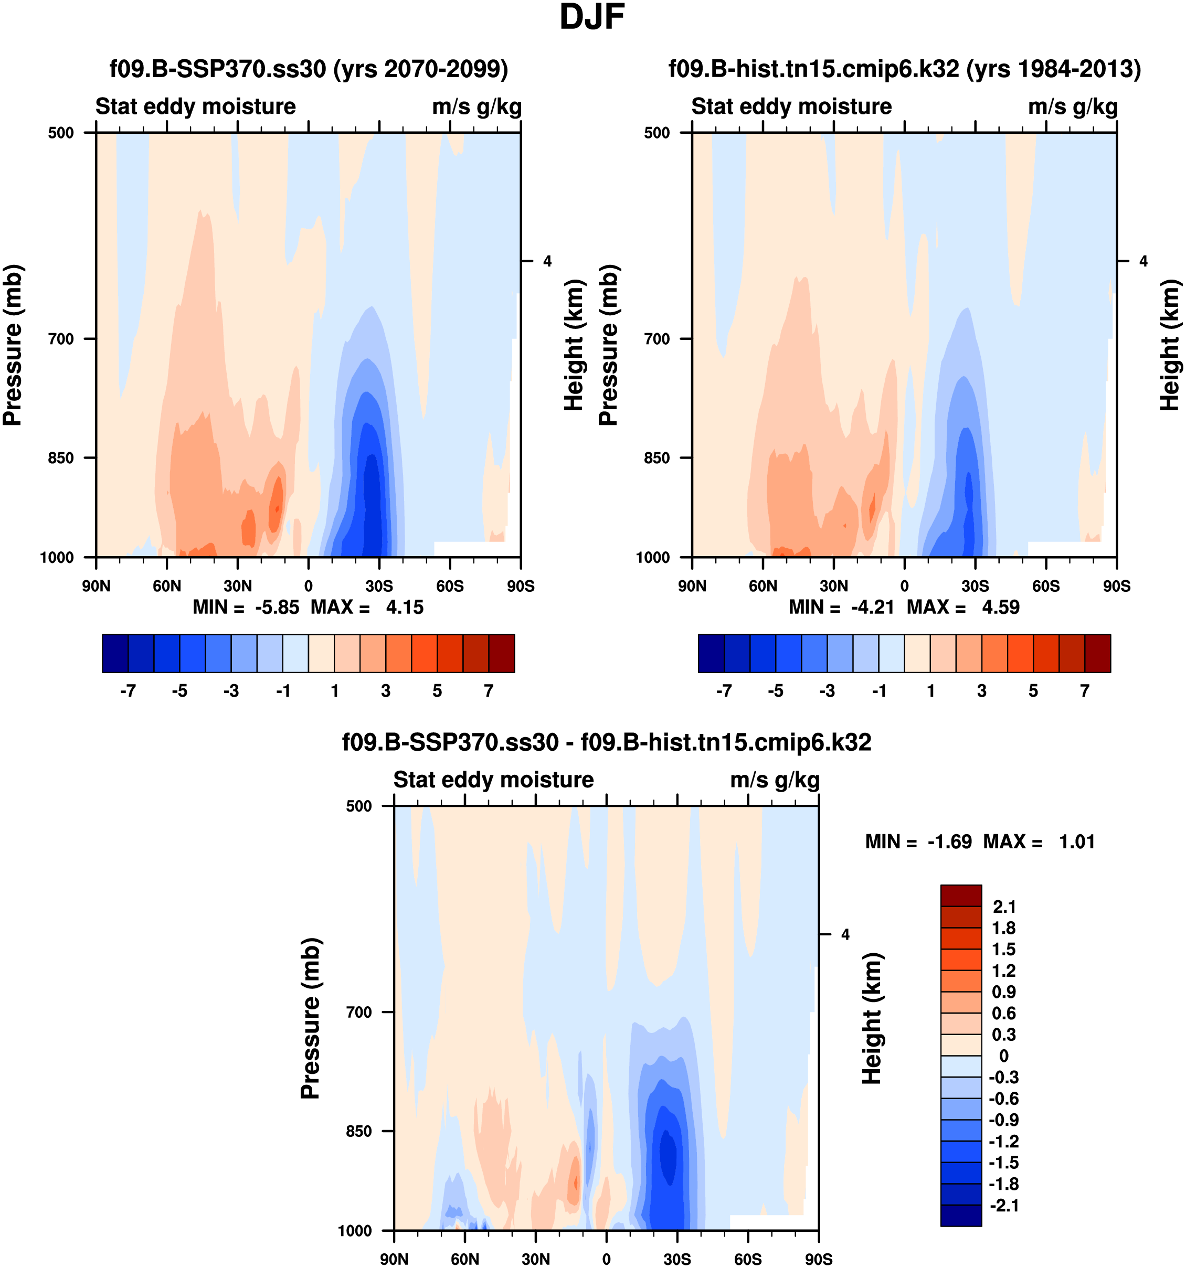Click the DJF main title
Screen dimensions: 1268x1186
(x=591, y=17)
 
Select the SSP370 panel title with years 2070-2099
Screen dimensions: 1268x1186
(x=309, y=69)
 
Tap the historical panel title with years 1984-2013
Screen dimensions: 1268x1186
(x=904, y=69)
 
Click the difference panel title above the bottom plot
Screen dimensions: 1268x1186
(x=606, y=742)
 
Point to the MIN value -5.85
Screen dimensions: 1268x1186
(x=277, y=607)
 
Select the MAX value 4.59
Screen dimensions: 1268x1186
(x=1000, y=607)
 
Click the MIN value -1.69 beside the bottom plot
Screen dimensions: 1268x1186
(x=949, y=842)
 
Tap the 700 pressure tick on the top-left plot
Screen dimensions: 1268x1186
(x=61, y=339)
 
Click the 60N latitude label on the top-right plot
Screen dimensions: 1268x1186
(x=763, y=586)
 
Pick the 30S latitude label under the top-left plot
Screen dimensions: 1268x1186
(x=379, y=586)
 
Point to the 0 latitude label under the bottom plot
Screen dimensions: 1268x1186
(x=606, y=1259)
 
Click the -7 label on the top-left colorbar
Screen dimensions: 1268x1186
(x=128, y=691)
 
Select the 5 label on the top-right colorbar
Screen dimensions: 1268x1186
(x=1033, y=691)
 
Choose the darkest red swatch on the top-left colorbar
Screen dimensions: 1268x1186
(x=502, y=653)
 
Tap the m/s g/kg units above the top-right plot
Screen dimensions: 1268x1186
(x=1073, y=106)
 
